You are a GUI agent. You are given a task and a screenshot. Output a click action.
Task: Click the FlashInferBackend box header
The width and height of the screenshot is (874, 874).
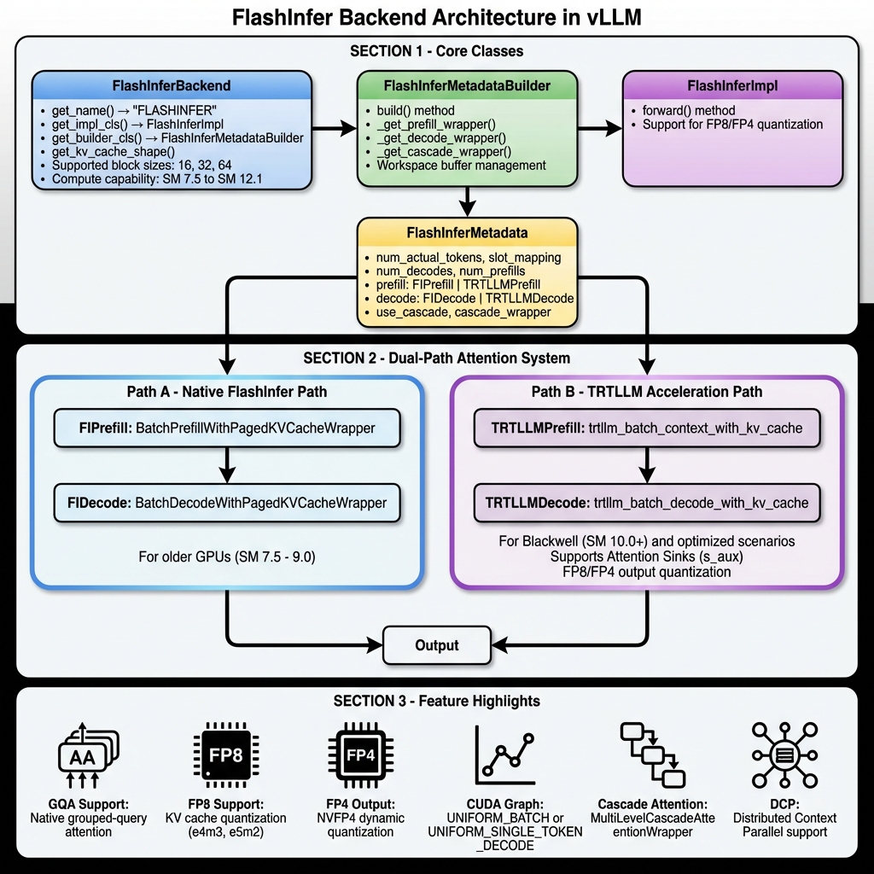[x=172, y=86]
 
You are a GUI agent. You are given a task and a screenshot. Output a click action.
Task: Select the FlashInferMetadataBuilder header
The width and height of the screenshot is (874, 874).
[x=467, y=86]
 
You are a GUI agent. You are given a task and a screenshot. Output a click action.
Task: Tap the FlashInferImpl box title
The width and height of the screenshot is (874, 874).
[x=731, y=86]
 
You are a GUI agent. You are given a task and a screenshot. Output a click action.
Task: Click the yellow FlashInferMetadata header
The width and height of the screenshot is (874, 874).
[x=467, y=232]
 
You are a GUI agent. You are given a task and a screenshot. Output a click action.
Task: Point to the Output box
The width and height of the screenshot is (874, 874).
[x=437, y=645]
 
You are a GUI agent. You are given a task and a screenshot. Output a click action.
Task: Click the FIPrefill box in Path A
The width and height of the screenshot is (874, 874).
[x=226, y=428]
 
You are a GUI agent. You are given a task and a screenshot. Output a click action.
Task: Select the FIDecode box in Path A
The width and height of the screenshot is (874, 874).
[x=226, y=503]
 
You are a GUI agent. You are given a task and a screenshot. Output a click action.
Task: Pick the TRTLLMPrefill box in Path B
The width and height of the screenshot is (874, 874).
[x=647, y=428]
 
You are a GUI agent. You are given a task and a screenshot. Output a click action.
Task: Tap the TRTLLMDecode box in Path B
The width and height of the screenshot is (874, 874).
[x=647, y=503]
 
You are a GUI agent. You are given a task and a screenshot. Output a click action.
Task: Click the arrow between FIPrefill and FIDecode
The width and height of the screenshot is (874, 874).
[x=226, y=465]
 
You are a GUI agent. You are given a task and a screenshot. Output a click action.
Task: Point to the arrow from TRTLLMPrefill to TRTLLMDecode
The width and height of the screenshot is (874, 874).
[x=647, y=465]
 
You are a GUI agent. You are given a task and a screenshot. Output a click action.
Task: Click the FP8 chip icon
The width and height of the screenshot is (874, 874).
[x=226, y=755]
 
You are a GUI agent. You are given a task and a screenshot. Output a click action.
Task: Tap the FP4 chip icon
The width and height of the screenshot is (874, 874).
[x=360, y=755]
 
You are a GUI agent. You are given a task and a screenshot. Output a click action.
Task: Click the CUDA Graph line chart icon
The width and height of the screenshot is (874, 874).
[x=504, y=755]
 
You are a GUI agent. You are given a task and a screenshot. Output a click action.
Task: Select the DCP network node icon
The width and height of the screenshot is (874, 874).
[x=784, y=755]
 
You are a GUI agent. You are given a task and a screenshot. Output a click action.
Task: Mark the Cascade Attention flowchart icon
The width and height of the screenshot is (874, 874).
[x=652, y=755]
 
